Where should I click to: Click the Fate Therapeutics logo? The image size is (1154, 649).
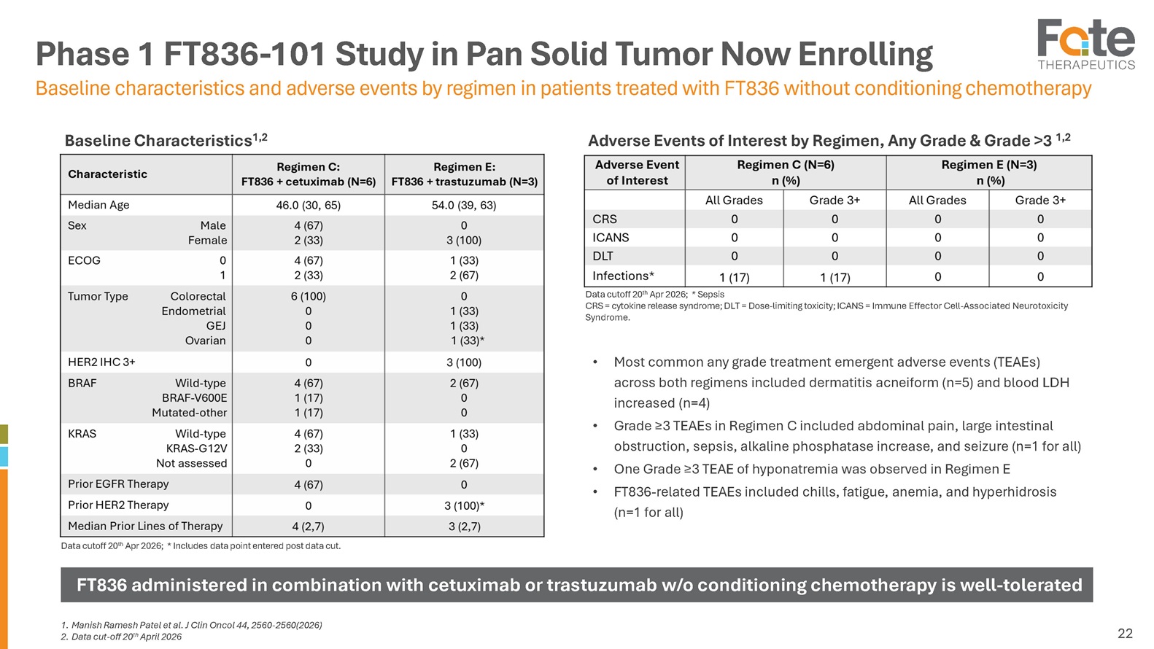[x=1086, y=44]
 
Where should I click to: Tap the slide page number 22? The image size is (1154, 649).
[x=1125, y=633]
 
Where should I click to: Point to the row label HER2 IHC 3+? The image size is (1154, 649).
[x=101, y=362]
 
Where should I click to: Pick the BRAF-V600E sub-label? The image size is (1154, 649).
[x=194, y=397]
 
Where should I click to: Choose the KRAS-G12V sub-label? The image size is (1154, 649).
[x=196, y=448]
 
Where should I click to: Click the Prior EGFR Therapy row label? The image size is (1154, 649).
[x=118, y=483]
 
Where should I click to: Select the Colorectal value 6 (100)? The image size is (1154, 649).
[x=308, y=296]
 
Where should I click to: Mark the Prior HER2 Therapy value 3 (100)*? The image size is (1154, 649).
[x=464, y=505]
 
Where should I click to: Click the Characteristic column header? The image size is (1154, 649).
[x=108, y=174]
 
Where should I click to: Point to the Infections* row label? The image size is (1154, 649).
[x=624, y=276]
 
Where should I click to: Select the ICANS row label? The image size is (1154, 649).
[x=611, y=238]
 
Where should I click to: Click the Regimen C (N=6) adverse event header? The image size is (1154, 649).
[x=786, y=165]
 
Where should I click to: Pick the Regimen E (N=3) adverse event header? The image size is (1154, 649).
[x=989, y=165]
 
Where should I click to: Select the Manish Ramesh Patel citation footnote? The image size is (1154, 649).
[x=192, y=625]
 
